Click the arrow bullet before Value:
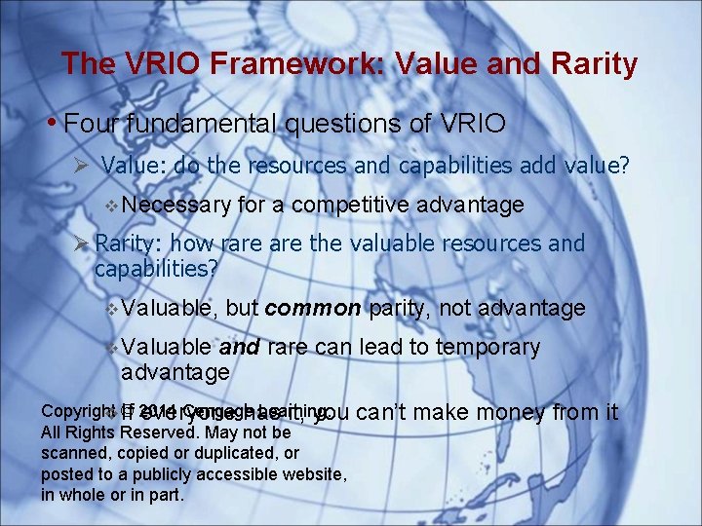84,166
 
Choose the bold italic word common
313,309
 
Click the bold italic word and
239,348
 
